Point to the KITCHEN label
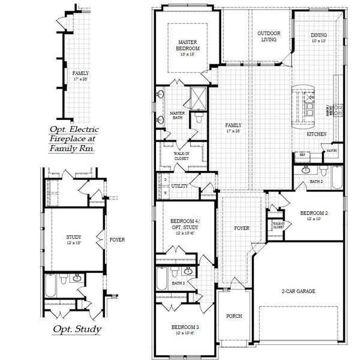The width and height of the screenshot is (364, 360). [x=316, y=134]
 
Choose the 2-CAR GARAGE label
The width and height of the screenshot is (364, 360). [x=299, y=291]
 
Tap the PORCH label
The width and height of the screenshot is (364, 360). [x=233, y=316]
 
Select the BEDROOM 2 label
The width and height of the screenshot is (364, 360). [x=314, y=214]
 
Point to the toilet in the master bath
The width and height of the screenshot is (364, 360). [x=197, y=118]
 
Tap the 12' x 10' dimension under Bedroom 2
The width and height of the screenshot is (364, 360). [x=314, y=220]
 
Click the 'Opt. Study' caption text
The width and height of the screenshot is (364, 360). [x=76, y=329]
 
